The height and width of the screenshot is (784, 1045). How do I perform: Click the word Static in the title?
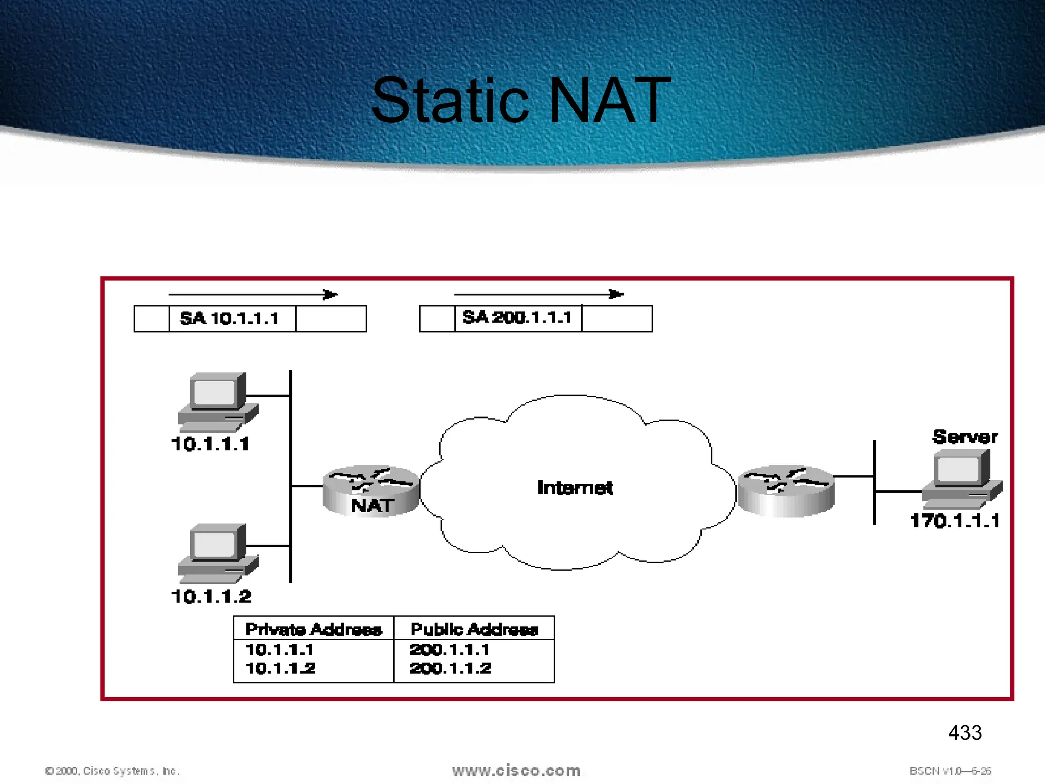point(450,101)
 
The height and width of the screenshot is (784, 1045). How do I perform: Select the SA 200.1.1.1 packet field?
point(517,318)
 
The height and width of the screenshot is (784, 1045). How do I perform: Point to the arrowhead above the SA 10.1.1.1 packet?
point(331,295)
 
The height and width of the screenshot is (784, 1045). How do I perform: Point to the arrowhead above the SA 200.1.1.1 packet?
point(616,295)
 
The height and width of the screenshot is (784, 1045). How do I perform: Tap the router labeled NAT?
point(371,491)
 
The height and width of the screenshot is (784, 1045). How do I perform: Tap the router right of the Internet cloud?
point(786,491)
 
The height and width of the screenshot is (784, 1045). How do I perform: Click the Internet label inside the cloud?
point(575,488)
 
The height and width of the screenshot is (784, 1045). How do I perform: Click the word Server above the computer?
point(964,437)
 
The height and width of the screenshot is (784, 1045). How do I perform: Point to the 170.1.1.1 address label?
point(954,521)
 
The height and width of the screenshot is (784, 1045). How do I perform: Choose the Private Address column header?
point(313,629)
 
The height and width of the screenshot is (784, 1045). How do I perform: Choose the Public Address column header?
point(474,629)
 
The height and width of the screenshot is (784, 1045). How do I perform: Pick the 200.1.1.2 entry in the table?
point(450,668)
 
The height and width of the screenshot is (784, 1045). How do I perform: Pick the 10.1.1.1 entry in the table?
point(280,650)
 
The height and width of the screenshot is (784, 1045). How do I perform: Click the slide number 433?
point(964,733)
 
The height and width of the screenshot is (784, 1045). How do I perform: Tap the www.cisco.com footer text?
point(516,771)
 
